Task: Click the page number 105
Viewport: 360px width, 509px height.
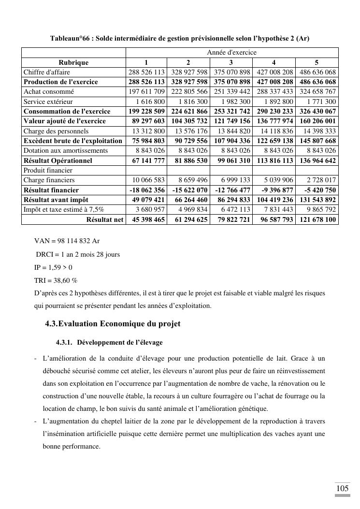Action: click(x=342, y=488)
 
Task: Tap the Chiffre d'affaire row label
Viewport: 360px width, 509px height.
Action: click(x=47, y=72)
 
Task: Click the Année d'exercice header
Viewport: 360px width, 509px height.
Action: click(x=232, y=52)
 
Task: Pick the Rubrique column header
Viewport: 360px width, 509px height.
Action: click(x=73, y=62)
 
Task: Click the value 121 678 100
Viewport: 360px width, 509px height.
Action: click(x=317, y=219)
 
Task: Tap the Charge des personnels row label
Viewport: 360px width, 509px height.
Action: click(x=56, y=131)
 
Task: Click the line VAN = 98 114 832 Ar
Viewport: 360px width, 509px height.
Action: click(x=67, y=241)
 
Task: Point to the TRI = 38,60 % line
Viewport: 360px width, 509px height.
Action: click(x=56, y=280)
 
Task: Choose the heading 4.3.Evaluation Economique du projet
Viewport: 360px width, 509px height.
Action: click(x=113, y=323)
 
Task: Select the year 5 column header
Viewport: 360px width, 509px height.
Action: click(x=317, y=62)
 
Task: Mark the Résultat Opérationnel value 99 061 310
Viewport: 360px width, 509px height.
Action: click(x=232, y=160)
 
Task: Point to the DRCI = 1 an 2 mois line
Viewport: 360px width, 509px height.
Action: click(x=77, y=254)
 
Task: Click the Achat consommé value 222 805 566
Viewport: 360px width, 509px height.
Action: click(x=189, y=91)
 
